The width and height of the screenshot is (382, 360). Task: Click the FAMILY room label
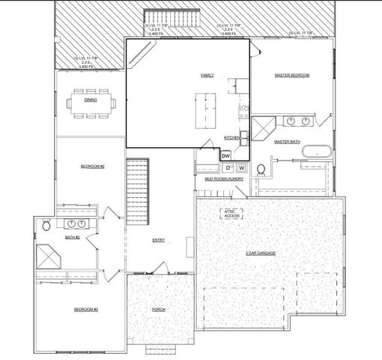point(207,76)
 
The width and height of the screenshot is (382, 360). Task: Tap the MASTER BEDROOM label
point(292,76)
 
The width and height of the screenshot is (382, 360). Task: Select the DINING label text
point(90,100)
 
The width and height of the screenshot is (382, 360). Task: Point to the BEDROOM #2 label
point(92,166)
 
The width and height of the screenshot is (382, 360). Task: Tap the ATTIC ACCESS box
point(230,214)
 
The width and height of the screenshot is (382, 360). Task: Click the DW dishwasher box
point(226,155)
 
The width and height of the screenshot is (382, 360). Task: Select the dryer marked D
point(228,168)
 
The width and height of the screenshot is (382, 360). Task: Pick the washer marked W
point(241,168)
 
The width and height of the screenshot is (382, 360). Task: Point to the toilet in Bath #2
point(46,225)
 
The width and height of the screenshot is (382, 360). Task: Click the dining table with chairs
point(90,103)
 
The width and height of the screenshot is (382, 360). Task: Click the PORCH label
point(159,310)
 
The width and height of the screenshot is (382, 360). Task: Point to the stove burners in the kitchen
point(243,113)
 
